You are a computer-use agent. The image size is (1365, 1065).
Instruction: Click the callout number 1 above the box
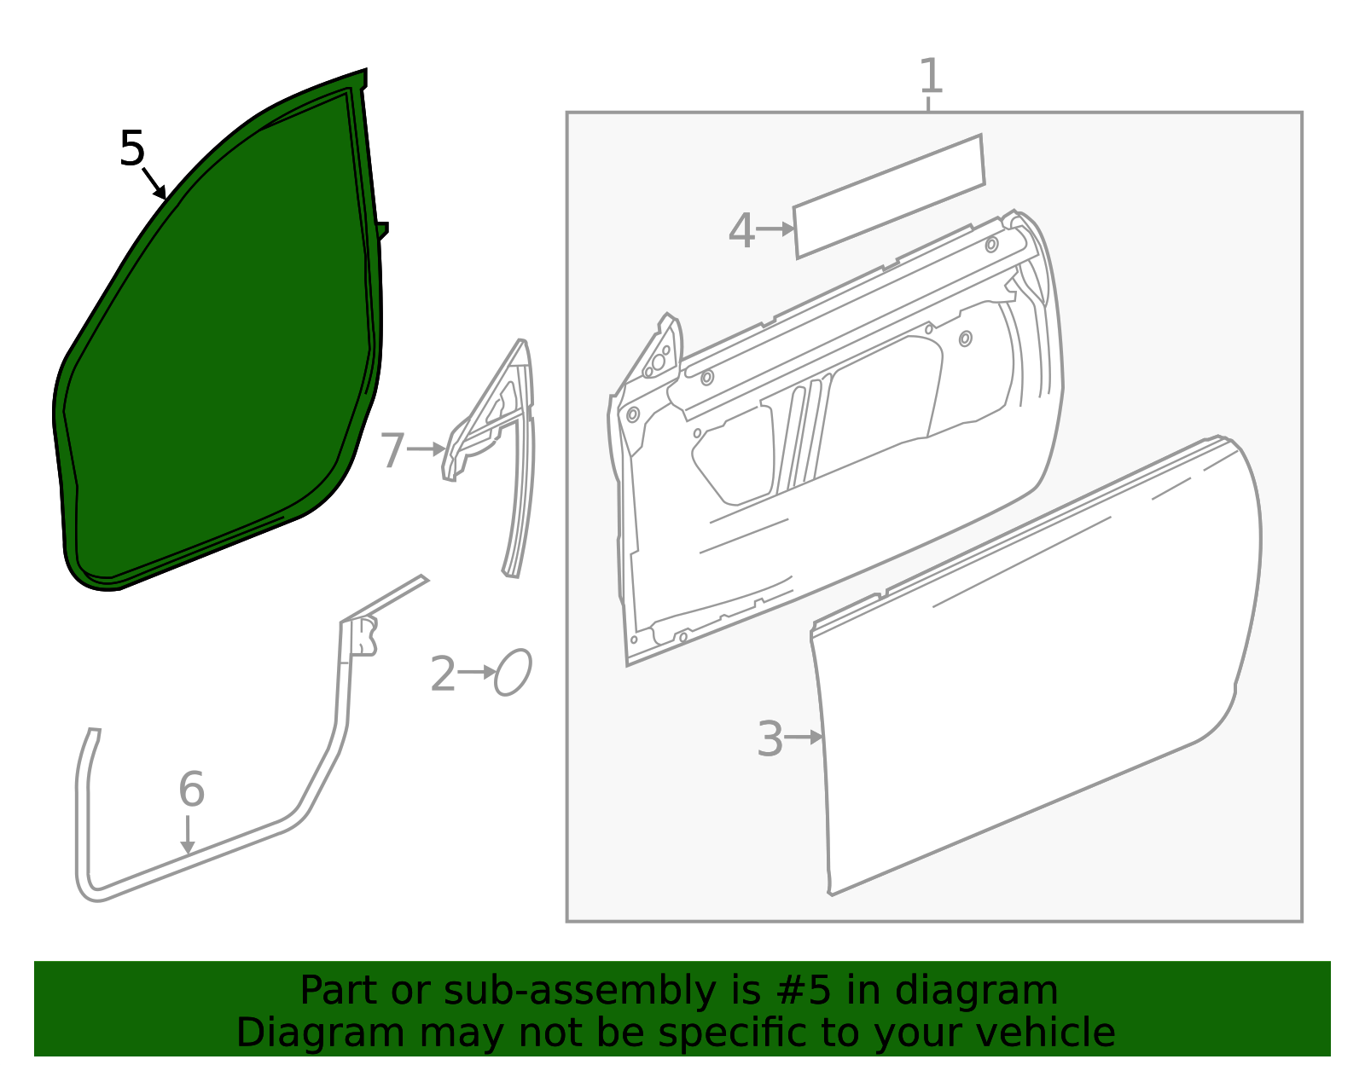click(x=931, y=76)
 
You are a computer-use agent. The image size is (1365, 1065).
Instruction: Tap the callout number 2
click(x=443, y=674)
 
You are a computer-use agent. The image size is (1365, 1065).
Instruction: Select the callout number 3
click(x=770, y=738)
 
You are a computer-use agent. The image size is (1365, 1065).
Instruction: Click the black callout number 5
click(x=132, y=148)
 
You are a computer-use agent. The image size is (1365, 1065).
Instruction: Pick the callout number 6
click(x=192, y=788)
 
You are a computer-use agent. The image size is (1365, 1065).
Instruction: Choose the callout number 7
click(x=392, y=449)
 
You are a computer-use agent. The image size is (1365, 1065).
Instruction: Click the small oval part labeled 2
click(x=514, y=672)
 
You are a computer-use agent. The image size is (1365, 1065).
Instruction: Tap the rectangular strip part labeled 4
click(x=889, y=196)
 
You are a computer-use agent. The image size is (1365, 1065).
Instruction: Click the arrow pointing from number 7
click(x=427, y=449)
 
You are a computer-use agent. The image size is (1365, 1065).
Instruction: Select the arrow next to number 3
click(x=804, y=737)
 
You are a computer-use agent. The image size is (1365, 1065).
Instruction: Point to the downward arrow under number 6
click(x=187, y=835)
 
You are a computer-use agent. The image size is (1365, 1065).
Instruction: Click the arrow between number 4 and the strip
click(x=775, y=229)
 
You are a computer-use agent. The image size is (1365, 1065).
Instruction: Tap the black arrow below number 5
click(x=154, y=183)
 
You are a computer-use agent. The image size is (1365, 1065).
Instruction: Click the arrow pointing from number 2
click(x=477, y=672)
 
